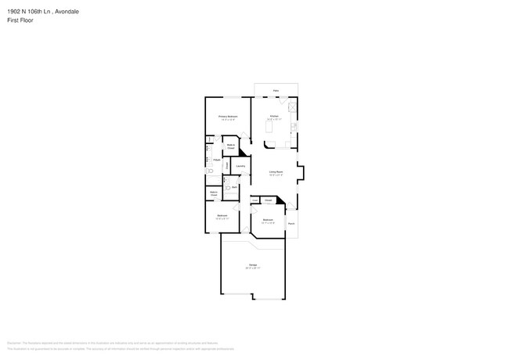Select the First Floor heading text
(x=20, y=21)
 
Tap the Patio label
(x=276, y=91)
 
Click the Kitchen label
(x=274, y=116)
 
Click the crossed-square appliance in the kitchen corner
(x=293, y=108)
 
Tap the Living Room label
(x=276, y=171)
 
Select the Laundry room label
(x=240, y=166)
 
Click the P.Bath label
(x=216, y=160)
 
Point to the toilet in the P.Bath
(x=209, y=170)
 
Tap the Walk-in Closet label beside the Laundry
(x=232, y=146)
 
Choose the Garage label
(x=254, y=266)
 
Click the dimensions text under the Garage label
(x=254, y=270)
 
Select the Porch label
(x=291, y=224)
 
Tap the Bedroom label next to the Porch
(x=268, y=220)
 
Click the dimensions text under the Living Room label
(x=276, y=175)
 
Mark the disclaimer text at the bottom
(x=125, y=345)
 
